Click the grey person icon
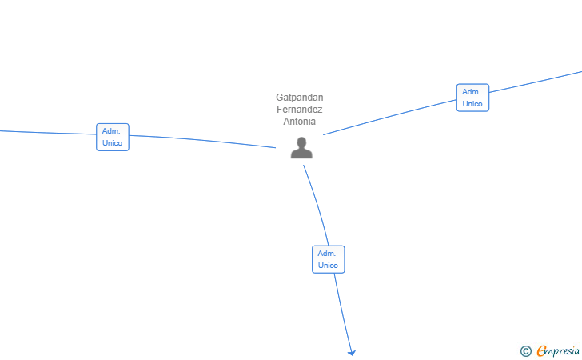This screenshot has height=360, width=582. click(x=301, y=148)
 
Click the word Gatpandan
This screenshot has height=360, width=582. click(x=300, y=98)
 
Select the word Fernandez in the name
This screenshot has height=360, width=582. click(x=300, y=110)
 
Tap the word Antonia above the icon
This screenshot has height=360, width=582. click(x=300, y=121)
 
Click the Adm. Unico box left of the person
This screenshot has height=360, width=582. click(x=113, y=137)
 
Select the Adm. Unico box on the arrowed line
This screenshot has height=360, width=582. click(x=328, y=259)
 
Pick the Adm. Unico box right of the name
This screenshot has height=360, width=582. click(x=472, y=98)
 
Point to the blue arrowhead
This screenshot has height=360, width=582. click(x=352, y=353)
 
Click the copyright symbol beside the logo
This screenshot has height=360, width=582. click(x=526, y=351)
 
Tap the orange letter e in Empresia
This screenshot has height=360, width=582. click(x=542, y=350)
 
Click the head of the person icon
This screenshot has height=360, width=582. click(x=301, y=142)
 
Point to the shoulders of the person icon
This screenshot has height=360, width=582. click(x=301, y=154)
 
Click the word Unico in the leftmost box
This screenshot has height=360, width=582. click(x=113, y=143)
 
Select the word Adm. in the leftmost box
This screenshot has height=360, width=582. click(x=111, y=131)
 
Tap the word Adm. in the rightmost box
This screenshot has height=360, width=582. click(x=471, y=92)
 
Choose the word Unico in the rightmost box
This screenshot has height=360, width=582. click(x=472, y=104)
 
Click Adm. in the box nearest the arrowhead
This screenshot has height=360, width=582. click(x=327, y=254)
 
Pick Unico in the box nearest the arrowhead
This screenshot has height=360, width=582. click(x=328, y=266)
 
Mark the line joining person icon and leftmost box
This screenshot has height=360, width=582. click(x=203, y=140)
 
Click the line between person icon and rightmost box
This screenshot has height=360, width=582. click(x=390, y=117)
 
